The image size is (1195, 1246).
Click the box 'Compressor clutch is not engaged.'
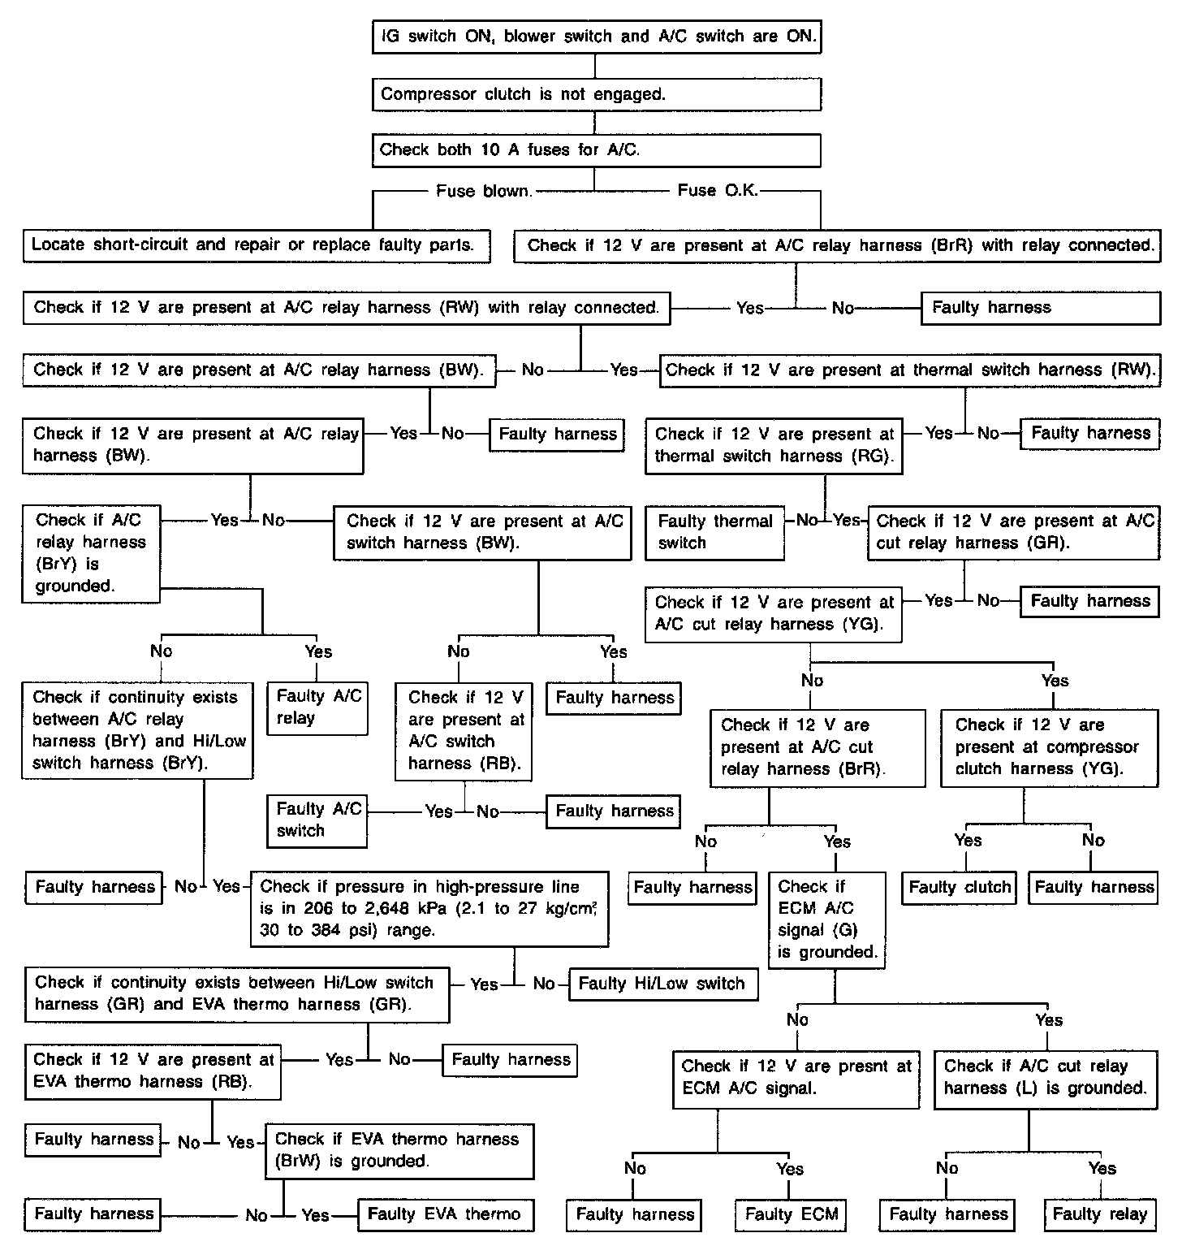[597, 94]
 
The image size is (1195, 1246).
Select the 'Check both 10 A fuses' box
[597, 150]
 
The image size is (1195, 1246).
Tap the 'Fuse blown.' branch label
[484, 191]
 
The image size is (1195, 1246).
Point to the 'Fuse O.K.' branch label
[717, 191]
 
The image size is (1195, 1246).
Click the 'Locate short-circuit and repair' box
[257, 245]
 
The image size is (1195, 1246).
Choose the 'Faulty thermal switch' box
[714, 532]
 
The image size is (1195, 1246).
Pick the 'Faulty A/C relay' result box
[318, 707]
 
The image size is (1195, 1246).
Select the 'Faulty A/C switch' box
[317, 820]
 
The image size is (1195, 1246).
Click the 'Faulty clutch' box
[960, 887]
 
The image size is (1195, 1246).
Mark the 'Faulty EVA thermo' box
[445, 1214]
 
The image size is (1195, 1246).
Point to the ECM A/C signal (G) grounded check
[826, 919]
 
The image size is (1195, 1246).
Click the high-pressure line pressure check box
[429, 909]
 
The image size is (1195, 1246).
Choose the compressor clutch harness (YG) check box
[1049, 747]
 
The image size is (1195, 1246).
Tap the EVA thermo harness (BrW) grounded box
[399, 1150]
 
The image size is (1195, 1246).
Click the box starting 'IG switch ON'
[597, 37]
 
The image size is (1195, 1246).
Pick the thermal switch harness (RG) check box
[774, 445]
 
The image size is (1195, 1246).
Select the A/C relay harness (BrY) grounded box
[90, 553]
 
